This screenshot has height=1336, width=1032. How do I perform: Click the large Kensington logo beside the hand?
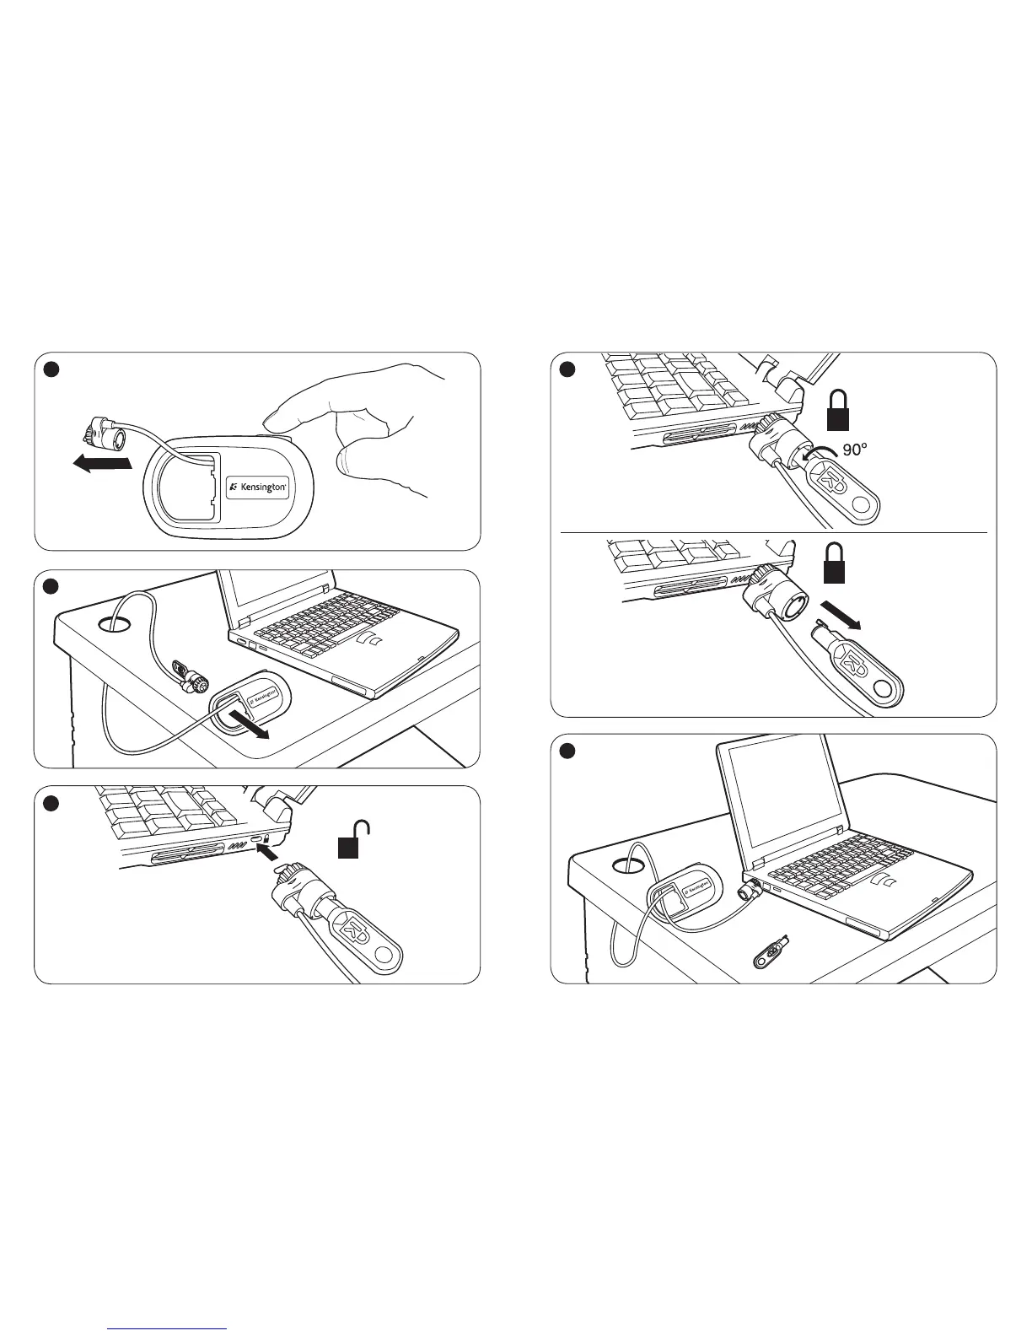260,488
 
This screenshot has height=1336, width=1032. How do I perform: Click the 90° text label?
854,450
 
